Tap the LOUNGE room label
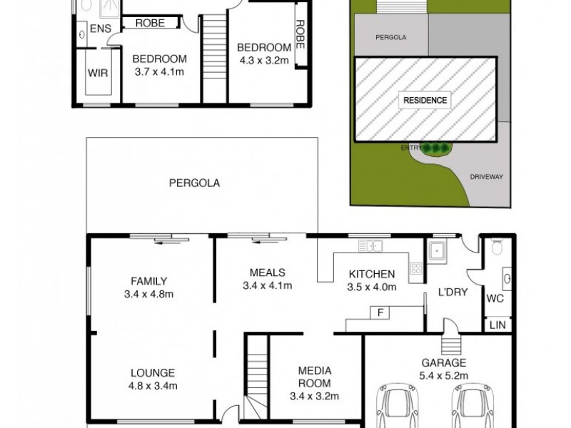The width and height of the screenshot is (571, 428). pos(153,372)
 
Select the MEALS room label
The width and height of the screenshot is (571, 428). pos(268,272)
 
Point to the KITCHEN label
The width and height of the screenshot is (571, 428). pos(371,274)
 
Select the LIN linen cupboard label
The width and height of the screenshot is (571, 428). pos(496,325)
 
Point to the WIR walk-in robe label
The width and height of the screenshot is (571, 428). pos(98,73)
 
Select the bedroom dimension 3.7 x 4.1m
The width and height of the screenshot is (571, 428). pos(159,71)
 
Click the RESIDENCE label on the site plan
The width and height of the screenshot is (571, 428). pos(427,100)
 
